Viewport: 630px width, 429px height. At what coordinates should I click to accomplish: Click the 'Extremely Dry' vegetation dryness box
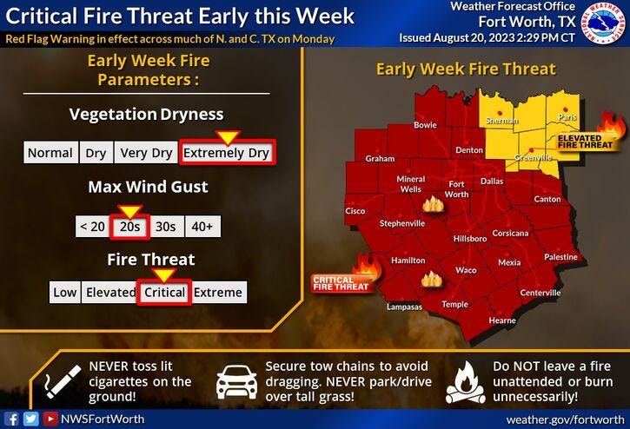(227, 153)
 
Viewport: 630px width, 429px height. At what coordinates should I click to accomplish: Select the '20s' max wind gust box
(130, 226)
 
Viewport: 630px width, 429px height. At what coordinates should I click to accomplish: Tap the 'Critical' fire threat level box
(165, 293)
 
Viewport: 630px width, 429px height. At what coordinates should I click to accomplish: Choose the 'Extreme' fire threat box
(218, 293)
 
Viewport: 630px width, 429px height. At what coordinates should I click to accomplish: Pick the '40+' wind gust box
(203, 226)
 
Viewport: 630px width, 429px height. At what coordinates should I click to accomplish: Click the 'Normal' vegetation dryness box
(50, 153)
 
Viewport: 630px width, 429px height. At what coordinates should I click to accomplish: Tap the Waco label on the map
(466, 270)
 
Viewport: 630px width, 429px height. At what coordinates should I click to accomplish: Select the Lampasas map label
(404, 307)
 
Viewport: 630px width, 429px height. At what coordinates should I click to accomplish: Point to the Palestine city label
(560, 257)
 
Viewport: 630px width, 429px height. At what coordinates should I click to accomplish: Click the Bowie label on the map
(425, 125)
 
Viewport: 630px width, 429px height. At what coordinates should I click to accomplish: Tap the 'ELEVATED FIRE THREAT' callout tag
(579, 142)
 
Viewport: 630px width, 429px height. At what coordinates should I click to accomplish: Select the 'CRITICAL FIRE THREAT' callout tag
(334, 281)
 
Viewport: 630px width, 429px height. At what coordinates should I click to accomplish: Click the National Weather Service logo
(603, 27)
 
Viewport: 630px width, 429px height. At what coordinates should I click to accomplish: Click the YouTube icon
(50, 418)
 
